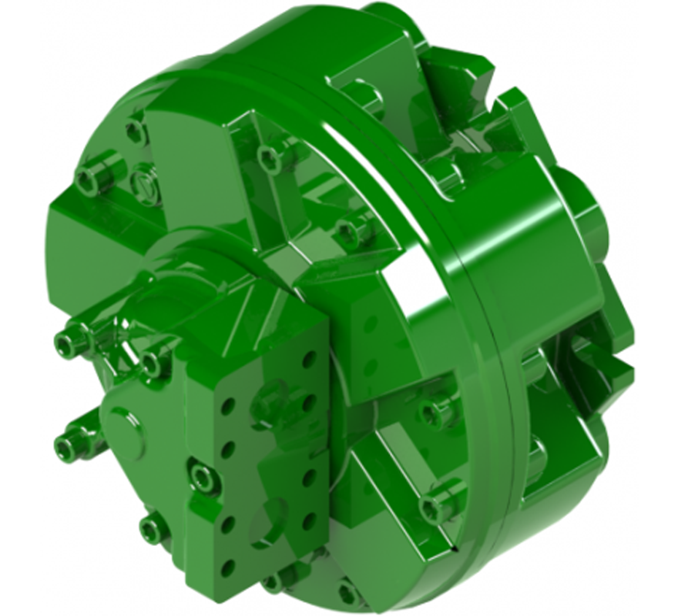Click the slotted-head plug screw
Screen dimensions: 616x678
pyautogui.click(x=146, y=185)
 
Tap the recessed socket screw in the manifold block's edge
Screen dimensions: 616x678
pyautogui.click(x=203, y=478)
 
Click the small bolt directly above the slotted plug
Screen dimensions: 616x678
pyautogui.click(x=137, y=131)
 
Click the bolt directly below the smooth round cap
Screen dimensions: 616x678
pyautogui.click(x=154, y=528)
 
